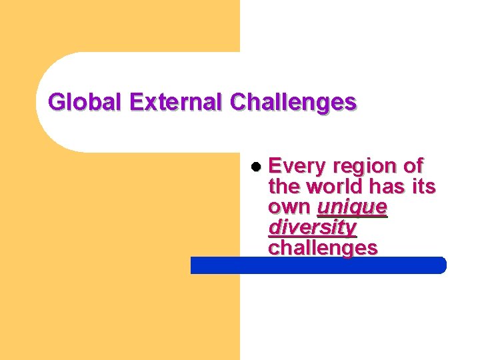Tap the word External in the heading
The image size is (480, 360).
[178, 103]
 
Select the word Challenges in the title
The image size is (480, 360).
[293, 103]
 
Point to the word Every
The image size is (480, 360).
[297, 165]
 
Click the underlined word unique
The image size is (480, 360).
[353, 207]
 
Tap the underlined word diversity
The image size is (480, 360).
[312, 227]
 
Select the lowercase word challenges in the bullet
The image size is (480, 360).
[323, 248]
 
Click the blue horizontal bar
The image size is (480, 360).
[318, 265]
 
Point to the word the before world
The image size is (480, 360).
[283, 186]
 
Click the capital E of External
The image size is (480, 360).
[137, 103]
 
